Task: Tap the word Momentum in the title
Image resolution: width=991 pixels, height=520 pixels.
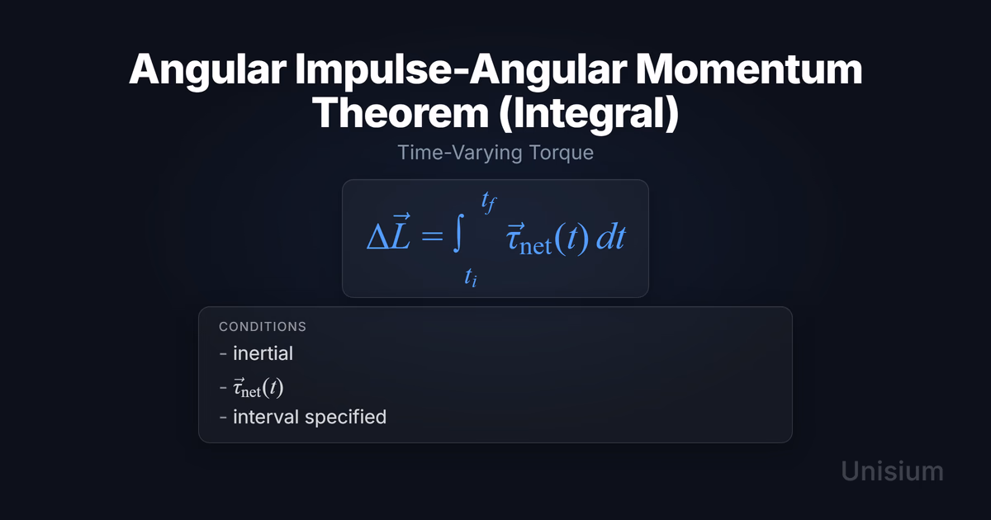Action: [x=749, y=69]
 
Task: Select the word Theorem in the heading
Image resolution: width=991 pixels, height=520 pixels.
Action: [x=401, y=113]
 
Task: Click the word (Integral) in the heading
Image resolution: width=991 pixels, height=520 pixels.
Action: [x=589, y=114]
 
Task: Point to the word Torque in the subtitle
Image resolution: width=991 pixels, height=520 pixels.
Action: [x=561, y=153]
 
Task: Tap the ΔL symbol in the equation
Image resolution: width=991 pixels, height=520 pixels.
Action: [x=389, y=232]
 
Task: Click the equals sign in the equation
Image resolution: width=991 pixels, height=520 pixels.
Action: [x=432, y=236]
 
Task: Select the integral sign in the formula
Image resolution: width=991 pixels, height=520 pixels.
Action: [x=459, y=233]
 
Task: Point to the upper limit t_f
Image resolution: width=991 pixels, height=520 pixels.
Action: [x=489, y=202]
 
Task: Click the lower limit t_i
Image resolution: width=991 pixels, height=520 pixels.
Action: [x=471, y=277]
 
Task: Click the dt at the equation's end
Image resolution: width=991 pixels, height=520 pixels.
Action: [x=611, y=237]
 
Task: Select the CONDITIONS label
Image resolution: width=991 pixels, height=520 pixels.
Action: [x=263, y=327]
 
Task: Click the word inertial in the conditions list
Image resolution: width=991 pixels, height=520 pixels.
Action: [x=263, y=353]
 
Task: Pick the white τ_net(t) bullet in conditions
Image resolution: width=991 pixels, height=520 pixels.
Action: [x=258, y=388]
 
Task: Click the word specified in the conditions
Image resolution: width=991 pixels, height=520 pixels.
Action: [x=345, y=418]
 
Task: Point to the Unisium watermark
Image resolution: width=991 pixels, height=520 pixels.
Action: [x=893, y=471]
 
